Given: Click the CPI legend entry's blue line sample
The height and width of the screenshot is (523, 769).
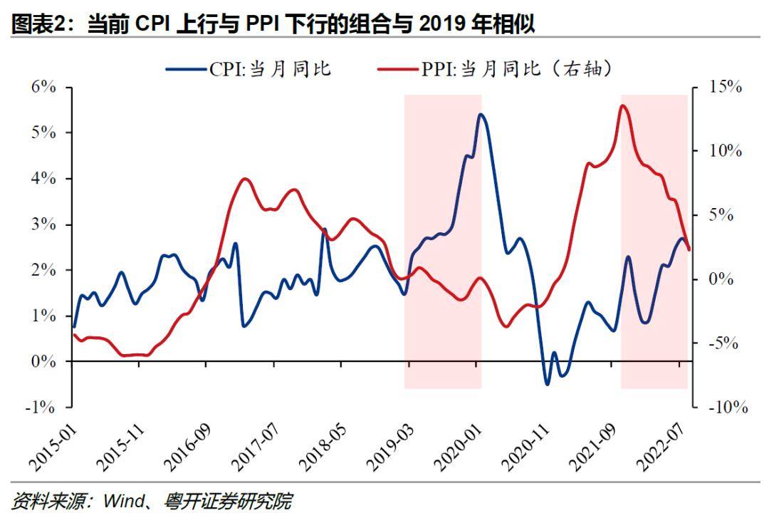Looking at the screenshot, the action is pyautogui.click(x=186, y=69).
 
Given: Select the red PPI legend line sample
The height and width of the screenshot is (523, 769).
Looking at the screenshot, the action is pyautogui.click(x=398, y=69).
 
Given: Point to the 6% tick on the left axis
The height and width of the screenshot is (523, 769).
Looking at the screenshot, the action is pyautogui.click(x=68, y=88).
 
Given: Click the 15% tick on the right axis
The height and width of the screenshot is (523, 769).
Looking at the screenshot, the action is pyautogui.click(x=695, y=88).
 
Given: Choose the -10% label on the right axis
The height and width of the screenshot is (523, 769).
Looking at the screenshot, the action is pyautogui.click(x=728, y=407).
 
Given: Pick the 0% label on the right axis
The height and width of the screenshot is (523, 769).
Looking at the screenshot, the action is pyautogui.click(x=721, y=279).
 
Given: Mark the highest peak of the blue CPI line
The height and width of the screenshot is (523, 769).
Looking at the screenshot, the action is pyautogui.click(x=481, y=115).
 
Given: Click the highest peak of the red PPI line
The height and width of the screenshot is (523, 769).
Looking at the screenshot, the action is pyautogui.click(x=623, y=106).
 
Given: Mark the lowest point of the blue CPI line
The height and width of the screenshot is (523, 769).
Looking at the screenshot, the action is pyautogui.click(x=548, y=383).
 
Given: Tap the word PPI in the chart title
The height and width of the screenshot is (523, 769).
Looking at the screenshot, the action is pyautogui.click(x=261, y=24).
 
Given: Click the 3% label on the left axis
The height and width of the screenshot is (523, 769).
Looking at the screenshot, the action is pyautogui.click(x=43, y=224).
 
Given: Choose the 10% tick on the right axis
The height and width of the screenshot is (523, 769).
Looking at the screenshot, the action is pyautogui.click(x=695, y=151).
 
